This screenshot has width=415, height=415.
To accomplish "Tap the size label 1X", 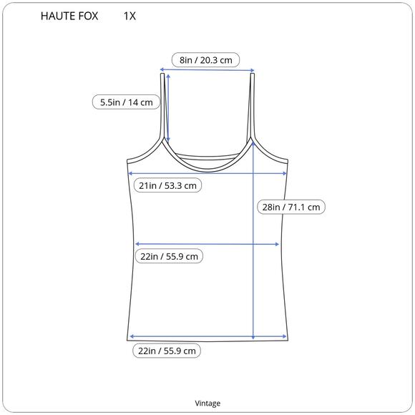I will point(130,16).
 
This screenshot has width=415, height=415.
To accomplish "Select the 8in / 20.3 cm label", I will point(206,59).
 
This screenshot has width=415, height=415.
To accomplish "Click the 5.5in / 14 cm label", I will point(126,102).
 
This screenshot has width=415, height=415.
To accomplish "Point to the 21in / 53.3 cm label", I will point(168,185).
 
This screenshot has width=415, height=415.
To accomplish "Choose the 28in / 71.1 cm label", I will point(292,207).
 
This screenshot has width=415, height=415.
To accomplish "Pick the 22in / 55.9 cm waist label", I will point(168,256).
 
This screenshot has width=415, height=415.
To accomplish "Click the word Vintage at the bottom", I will point(207,403).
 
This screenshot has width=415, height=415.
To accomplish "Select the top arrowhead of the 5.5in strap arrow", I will point(167,74).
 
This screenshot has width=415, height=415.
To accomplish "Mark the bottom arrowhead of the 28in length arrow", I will point(254,337).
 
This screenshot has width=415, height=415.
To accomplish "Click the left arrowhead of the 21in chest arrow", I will point(130,172).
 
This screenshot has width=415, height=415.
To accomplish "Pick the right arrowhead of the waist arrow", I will point(278,245).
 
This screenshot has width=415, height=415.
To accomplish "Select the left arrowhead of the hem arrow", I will point(132,336).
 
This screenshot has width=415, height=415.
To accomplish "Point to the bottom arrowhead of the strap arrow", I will point(167,142).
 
